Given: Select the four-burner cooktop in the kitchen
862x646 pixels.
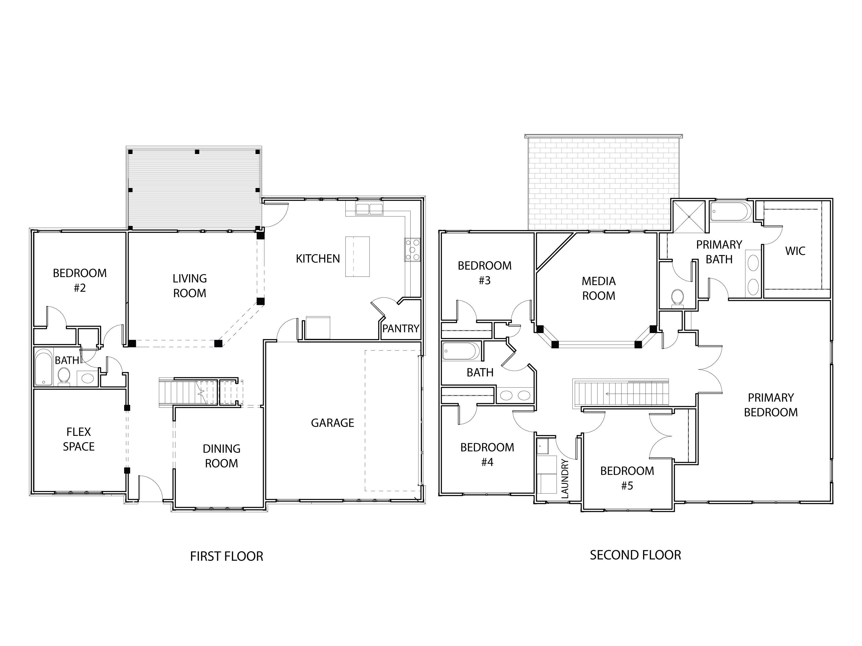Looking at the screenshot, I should [412, 249].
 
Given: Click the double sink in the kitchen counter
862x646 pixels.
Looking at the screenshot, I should [369, 209].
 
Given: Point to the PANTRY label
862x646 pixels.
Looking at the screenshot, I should [400, 329].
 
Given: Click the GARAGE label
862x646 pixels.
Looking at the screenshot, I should [332, 423].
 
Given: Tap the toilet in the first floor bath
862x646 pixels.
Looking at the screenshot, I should [64, 376].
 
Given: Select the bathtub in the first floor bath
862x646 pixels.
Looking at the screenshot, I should [43, 368].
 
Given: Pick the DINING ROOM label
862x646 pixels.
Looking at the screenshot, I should [221, 456].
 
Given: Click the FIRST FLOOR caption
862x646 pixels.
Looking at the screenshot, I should [226, 556].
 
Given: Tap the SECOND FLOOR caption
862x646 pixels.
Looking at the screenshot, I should [635, 555].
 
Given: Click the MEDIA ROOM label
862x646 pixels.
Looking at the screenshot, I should [599, 289].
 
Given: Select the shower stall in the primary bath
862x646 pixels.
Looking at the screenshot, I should [689, 216].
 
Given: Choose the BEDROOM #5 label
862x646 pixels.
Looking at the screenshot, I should [627, 478].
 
